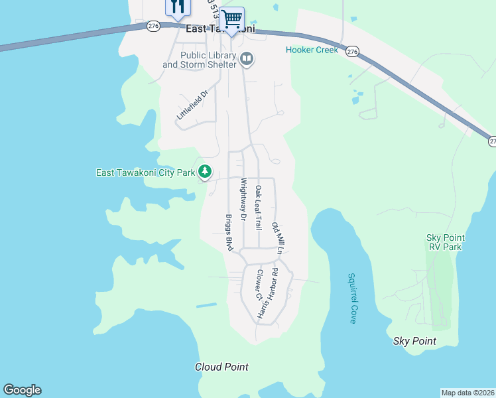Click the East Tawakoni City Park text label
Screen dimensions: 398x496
(x=145, y=172)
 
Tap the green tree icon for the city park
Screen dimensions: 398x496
(x=205, y=172)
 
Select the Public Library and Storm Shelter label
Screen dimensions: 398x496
(x=200, y=60)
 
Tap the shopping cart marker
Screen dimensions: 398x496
(x=231, y=19)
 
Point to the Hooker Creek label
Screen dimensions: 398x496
(x=312, y=50)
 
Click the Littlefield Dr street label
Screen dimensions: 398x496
(x=192, y=105)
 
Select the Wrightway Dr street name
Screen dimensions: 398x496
(x=243, y=199)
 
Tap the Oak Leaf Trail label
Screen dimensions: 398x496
(x=259, y=207)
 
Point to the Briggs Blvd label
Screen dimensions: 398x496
(x=229, y=232)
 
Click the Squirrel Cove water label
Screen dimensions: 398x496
(x=352, y=298)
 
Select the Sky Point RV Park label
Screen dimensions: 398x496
(x=444, y=242)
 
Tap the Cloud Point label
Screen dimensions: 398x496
(x=221, y=367)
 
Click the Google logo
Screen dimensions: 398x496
(x=22, y=390)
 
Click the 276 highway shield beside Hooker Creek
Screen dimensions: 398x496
(x=352, y=51)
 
